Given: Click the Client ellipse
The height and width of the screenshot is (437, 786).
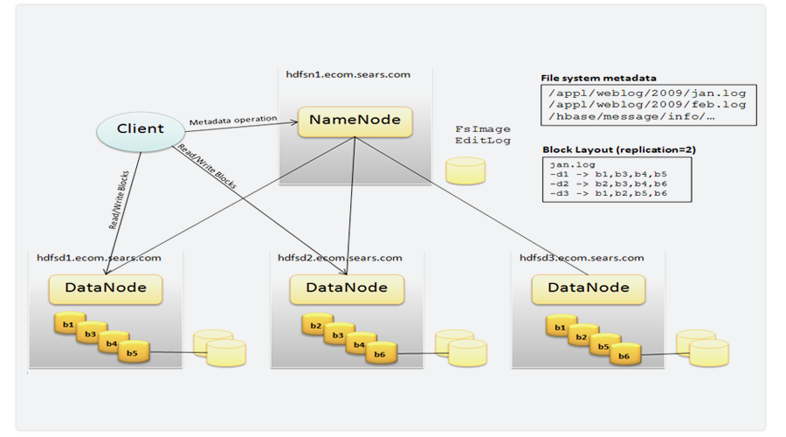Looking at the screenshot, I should [x=141, y=129].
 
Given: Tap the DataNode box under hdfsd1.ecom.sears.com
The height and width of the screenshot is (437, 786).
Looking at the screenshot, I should [x=104, y=287].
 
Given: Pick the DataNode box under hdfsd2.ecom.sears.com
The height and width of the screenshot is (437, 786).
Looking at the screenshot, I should [x=346, y=287].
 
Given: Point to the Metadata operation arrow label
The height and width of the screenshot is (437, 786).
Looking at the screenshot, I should [x=232, y=119].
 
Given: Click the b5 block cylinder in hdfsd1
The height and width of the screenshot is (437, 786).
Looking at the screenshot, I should [x=132, y=354].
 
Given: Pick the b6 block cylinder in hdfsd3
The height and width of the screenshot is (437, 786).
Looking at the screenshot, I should [x=624, y=356].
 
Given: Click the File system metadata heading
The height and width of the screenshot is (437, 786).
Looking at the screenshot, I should [x=599, y=78].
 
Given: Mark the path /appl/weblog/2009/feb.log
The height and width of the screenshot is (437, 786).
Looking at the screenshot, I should [x=647, y=104].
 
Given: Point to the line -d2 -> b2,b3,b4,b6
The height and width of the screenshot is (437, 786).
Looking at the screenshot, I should [x=608, y=184].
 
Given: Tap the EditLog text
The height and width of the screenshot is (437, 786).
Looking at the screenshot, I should [x=482, y=141].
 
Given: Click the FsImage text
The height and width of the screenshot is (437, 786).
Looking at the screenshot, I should [x=482, y=129].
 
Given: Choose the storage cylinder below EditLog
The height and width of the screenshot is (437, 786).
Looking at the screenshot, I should [x=465, y=171].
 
